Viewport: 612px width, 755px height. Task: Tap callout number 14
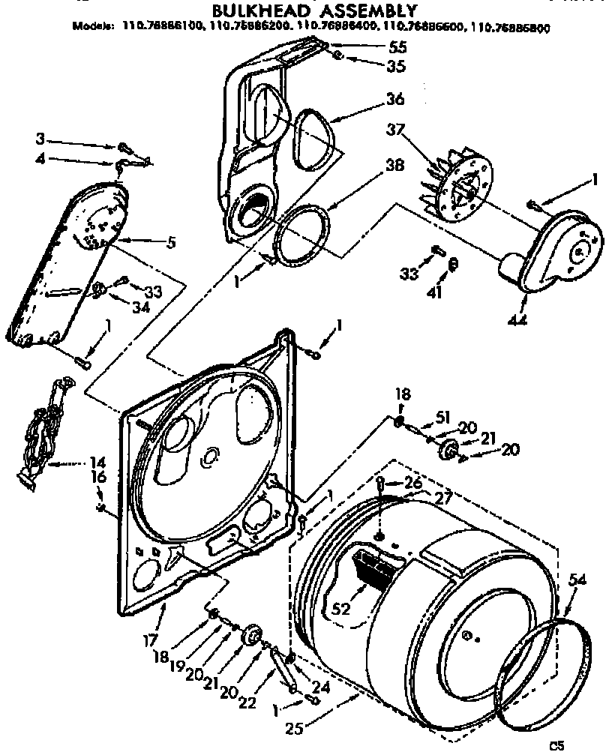click(x=99, y=463)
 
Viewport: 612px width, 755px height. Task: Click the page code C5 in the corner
click(x=556, y=745)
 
